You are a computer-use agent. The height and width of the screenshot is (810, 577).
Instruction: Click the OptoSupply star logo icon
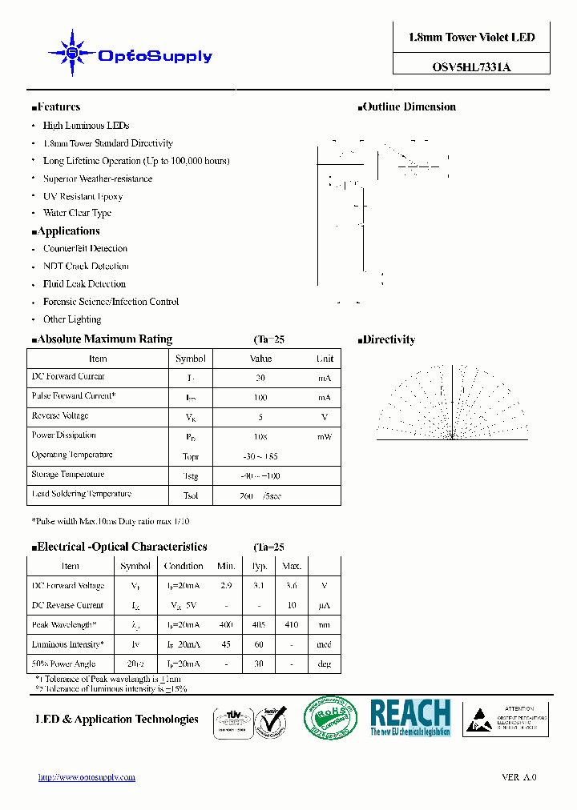[x=72, y=53]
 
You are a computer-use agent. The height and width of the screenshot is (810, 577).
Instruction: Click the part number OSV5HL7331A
[x=471, y=67]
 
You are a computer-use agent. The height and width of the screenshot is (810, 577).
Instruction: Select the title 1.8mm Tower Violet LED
[x=471, y=38]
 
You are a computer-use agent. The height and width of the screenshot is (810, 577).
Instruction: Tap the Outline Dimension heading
[x=409, y=107]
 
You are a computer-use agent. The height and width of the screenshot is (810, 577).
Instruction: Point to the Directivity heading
[x=389, y=340]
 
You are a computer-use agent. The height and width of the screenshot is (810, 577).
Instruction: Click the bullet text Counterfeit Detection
[x=85, y=249]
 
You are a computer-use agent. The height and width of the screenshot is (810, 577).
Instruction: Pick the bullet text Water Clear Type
[x=77, y=214]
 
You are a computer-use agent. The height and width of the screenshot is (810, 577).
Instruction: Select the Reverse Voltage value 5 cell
[x=260, y=417]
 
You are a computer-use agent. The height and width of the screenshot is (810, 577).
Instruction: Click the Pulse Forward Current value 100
[x=260, y=397]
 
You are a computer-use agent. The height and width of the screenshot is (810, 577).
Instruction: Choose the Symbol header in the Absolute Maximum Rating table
[x=191, y=359]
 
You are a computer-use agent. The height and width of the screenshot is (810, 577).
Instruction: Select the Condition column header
[x=184, y=567]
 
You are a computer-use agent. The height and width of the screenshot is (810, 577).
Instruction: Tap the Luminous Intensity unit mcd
[x=324, y=644]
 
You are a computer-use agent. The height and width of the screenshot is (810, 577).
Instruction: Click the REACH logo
[x=410, y=717]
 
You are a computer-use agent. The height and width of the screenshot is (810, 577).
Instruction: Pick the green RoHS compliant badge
[x=330, y=717]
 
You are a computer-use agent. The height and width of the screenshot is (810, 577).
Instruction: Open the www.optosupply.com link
[x=87, y=777]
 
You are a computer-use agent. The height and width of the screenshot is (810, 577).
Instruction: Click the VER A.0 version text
[x=518, y=777]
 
